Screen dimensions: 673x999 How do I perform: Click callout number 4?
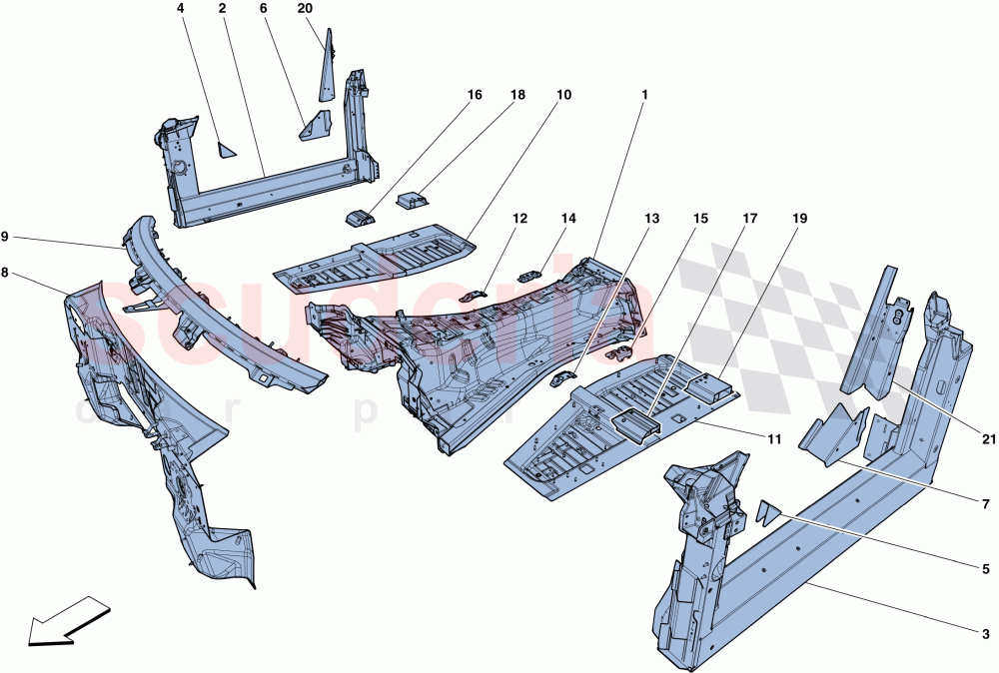coord(181,8)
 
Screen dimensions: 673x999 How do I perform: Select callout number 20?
coord(305,8)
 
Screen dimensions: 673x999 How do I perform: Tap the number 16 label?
coord(474,95)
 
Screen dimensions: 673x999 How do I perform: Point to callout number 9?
coord(5,237)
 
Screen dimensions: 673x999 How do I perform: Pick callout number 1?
coord(645,95)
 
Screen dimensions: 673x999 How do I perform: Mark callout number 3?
coord(986,633)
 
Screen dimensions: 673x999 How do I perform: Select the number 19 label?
coord(800,218)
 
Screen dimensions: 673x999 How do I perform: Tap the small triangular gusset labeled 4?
coord(226,151)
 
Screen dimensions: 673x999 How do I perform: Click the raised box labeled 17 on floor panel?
coord(636,425)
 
